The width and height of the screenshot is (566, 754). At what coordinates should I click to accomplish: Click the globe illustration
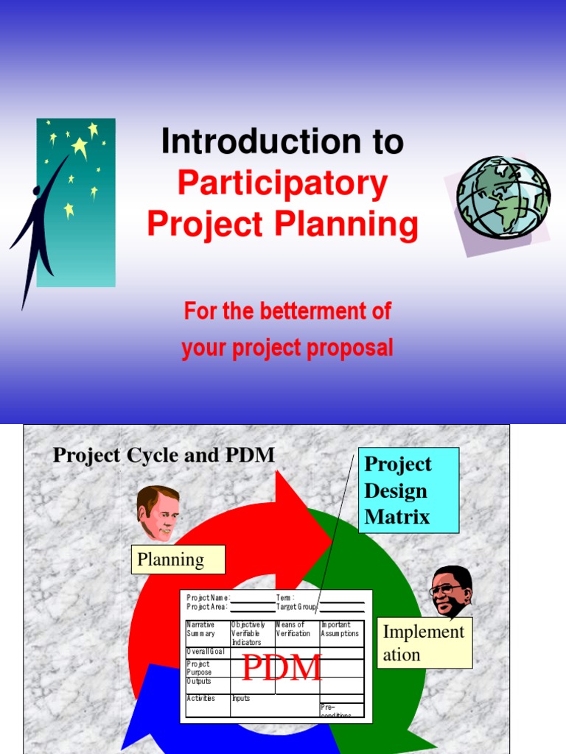coord(503,197)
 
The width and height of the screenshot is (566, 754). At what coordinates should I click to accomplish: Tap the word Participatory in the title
coord(282,184)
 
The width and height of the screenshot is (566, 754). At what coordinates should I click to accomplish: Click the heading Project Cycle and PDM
coord(164,455)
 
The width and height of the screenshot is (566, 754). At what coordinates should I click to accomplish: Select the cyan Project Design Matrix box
coord(408,490)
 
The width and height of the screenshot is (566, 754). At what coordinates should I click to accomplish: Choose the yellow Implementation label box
coord(424,643)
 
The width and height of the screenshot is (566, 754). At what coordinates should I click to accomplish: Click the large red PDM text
coord(282,667)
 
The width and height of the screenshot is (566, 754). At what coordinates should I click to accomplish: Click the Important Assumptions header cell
coord(341,630)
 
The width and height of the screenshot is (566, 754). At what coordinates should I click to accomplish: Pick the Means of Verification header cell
coord(297,630)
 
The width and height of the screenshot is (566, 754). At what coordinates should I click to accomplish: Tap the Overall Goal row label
coord(206,652)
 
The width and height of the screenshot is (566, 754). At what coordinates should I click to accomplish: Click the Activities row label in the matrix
coord(202,698)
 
